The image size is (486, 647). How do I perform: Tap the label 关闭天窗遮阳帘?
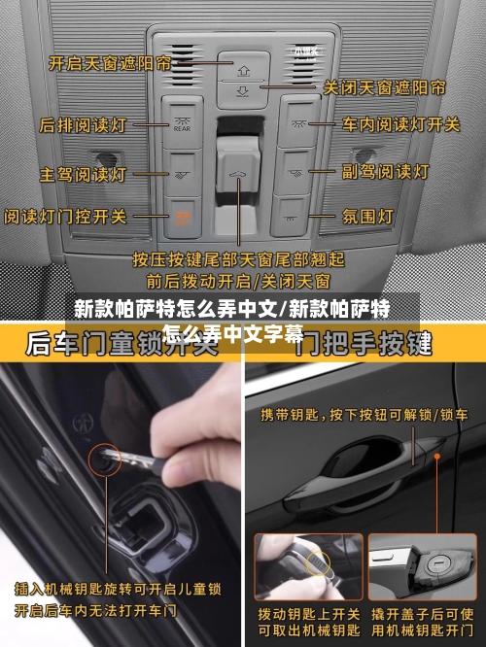click(384, 87)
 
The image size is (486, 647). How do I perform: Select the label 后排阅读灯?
click(82, 125)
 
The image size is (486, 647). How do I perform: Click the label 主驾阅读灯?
click(83, 175)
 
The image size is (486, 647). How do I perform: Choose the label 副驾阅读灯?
click(385, 171)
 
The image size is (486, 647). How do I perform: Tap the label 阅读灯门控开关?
click(65, 215)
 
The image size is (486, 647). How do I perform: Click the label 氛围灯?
click(365, 215)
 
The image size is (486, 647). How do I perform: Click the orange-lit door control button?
click(181, 215)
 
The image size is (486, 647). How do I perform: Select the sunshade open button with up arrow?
click(242, 67)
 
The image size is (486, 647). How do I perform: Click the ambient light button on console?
click(295, 211)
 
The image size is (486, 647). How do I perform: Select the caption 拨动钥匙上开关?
click(308, 614)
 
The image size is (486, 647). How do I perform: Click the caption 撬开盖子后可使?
click(422, 614)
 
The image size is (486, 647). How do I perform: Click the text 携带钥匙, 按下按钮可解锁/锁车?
click(364, 415)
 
